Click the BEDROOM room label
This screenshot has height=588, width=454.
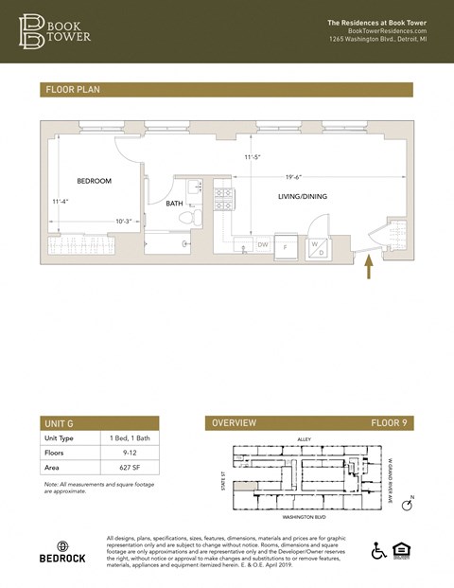coord(95,181)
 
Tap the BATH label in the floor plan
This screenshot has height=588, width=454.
coord(175,204)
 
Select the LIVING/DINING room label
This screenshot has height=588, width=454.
coord(302,196)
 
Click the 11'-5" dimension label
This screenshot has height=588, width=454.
coord(253,157)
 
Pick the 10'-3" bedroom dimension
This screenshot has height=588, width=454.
coord(124,222)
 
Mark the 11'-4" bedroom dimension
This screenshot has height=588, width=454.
coord(61,201)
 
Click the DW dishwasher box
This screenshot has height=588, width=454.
coord(263,245)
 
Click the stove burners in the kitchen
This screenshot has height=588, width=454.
coord(224,199)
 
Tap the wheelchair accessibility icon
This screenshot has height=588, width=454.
coord(379,550)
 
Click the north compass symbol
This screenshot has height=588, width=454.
coord(408,505)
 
